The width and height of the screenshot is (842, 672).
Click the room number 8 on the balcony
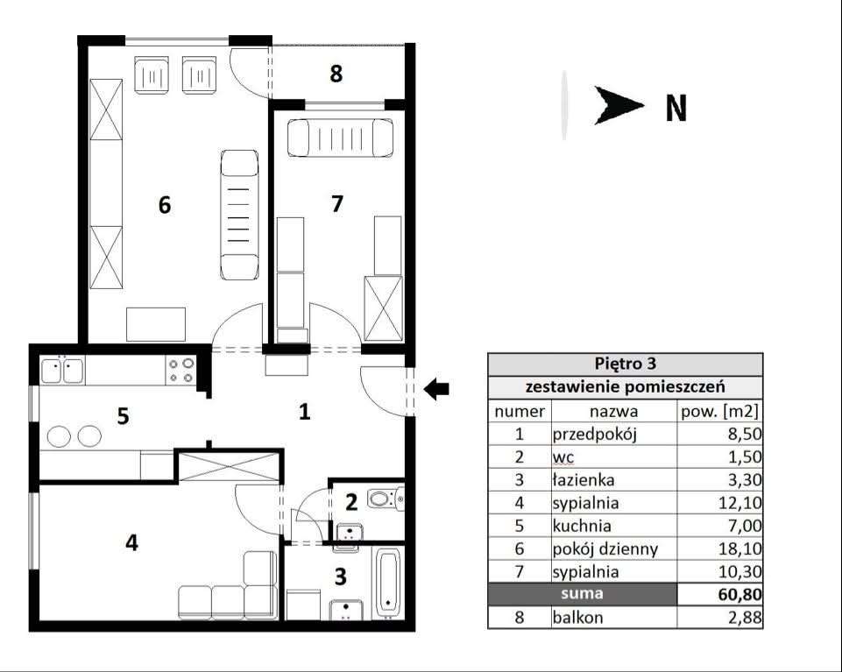tap(336, 74)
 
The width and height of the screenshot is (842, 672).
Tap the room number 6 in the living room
tap(165, 205)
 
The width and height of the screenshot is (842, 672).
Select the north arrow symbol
tap(619, 105)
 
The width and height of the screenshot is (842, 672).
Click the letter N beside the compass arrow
tap(676, 109)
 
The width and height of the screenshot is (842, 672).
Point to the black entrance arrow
tap(436, 388)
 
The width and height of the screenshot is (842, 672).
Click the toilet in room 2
tap(386, 499)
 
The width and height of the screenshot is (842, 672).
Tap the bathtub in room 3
tap(388, 582)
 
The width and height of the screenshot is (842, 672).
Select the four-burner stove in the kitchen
tap(181, 370)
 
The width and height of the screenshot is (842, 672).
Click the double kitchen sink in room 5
tap(62, 370)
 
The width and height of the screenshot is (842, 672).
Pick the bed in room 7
tap(341, 138)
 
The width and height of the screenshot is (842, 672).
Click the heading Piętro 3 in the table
tap(625, 364)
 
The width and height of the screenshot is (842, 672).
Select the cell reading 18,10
tap(740, 549)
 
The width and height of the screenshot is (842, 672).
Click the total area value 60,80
tap(740, 595)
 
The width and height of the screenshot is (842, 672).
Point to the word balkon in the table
tap(577, 618)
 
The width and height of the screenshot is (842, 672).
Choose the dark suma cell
tap(582, 594)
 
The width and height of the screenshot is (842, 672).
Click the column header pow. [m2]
tap(719, 412)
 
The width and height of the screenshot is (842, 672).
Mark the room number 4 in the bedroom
tap(131, 542)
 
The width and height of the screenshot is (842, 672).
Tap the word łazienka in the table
tap(584, 480)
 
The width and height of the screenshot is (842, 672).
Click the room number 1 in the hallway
tap(305, 412)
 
